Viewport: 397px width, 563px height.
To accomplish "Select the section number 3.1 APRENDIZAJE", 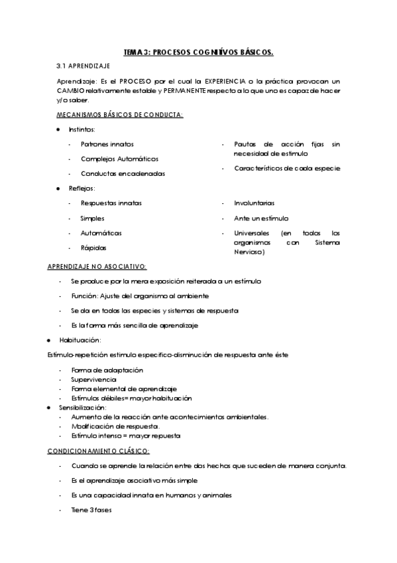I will coord(84,66).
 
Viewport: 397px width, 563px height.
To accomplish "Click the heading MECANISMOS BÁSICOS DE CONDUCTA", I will coord(120,115).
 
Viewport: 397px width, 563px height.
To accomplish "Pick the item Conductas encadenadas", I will coord(123,173).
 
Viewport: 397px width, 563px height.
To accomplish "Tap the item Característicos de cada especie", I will coord(287,168).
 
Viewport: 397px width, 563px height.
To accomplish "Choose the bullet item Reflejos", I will coord(82,189).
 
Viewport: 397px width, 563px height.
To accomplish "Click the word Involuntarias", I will coord(254,203).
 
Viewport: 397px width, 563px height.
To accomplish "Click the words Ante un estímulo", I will coord(261,218).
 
